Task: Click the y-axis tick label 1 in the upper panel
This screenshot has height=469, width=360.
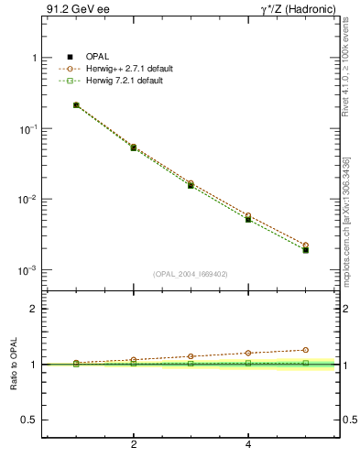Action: pyautogui.click(x=34, y=58)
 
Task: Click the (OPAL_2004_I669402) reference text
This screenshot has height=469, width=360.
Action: pyautogui.click(x=191, y=273)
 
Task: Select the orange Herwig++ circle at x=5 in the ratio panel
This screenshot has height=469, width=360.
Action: pyautogui.click(x=305, y=350)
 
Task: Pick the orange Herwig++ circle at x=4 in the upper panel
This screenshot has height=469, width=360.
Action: pyautogui.click(x=248, y=215)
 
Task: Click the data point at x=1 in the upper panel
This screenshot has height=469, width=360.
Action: pyautogui.click(x=76, y=105)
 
